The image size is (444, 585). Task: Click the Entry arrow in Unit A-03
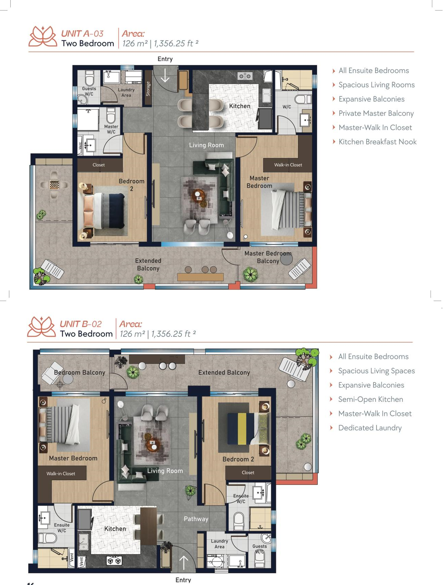click(x=165, y=75)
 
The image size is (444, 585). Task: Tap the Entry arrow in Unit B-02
click(x=184, y=563)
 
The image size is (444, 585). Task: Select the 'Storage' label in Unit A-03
click(x=148, y=89)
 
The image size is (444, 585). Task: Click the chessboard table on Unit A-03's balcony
click(x=54, y=185)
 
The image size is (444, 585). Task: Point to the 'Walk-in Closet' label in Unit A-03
click(x=288, y=165)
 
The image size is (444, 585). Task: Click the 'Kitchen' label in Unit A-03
click(x=240, y=106)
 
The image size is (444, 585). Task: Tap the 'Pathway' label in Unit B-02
click(x=196, y=519)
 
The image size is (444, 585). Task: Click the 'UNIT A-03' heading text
click(x=82, y=34)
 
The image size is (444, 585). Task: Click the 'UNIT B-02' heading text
click(x=81, y=324)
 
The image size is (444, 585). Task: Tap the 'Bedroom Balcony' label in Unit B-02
click(x=80, y=372)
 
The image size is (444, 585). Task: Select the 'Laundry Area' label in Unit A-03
click(x=126, y=92)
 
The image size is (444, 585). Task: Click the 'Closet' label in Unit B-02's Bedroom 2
click(x=248, y=473)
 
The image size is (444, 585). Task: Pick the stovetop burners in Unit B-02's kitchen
click(x=114, y=561)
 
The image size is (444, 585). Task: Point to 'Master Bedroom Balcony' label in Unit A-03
click(x=268, y=257)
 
